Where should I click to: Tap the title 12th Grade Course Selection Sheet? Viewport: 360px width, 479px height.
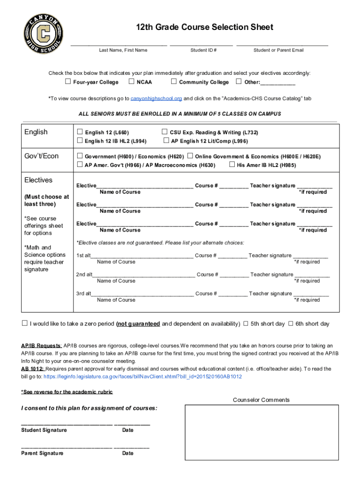pos(204,27)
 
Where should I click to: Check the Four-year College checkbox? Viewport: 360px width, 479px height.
pos(68,82)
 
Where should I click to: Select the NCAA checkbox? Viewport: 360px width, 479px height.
pos(131,82)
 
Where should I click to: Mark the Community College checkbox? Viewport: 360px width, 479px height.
pos(173,82)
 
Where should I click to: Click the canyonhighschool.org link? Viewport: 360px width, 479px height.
pos(156,99)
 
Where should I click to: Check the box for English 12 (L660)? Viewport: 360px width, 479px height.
pos(79,132)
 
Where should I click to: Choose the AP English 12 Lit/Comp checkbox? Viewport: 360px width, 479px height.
pos(166,141)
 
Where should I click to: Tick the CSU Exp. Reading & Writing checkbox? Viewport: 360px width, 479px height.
pos(165,132)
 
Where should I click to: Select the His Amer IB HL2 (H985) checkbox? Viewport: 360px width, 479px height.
pos(232,165)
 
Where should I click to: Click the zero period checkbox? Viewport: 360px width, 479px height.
pos(25,323)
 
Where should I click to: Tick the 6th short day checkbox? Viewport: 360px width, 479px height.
pos(290,323)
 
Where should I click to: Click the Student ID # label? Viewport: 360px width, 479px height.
pos(203,50)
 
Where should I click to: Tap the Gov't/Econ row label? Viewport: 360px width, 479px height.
pos(42,156)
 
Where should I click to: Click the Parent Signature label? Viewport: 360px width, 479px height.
pos(42,453)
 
